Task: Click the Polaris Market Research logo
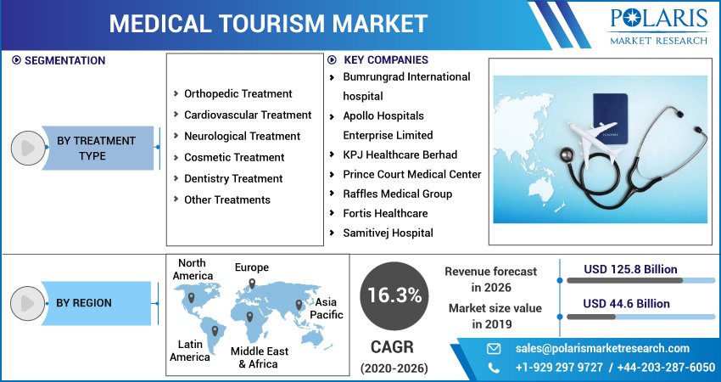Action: [x=659, y=25]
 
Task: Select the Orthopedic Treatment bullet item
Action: [x=238, y=94]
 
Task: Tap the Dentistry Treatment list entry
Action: [x=233, y=179]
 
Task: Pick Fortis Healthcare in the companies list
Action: [x=384, y=214]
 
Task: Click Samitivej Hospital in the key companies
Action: [x=388, y=233]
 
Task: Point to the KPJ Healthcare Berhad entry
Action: [x=400, y=155]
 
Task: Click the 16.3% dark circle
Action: [x=394, y=295]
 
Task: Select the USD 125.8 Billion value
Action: [x=630, y=270]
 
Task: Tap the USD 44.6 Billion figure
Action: [x=626, y=304]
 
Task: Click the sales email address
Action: [x=602, y=349]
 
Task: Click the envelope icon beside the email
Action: [x=494, y=349]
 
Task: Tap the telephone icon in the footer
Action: [x=494, y=368]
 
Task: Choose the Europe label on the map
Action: [x=252, y=268]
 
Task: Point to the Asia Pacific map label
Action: [x=326, y=308]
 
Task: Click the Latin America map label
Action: [x=190, y=351]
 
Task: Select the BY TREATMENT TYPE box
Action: [x=96, y=149]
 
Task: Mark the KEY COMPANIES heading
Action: [x=385, y=60]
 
